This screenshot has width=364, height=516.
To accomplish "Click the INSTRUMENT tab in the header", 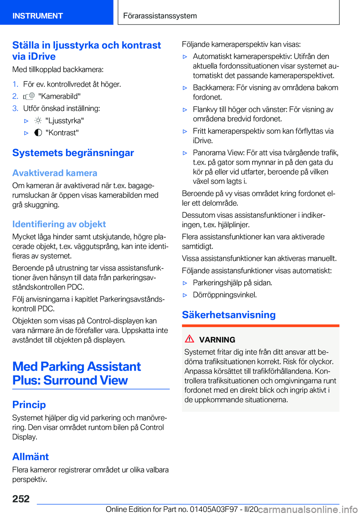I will point(38,16).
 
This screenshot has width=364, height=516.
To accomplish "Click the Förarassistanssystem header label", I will point(160,16).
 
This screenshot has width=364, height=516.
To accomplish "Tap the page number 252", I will point(21,499).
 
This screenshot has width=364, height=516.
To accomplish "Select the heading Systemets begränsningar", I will point(73,153).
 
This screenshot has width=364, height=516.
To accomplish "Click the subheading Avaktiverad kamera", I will point(55,173).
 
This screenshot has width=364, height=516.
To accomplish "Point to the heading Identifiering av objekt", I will point(59,224).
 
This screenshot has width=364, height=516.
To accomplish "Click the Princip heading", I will point(29,405).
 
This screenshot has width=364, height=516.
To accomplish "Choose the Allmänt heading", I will point(31,457).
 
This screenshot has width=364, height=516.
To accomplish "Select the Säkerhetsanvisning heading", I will point(229,315).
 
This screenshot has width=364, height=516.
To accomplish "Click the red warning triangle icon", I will point(190,339).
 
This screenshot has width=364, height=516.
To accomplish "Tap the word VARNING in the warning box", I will point(217,340).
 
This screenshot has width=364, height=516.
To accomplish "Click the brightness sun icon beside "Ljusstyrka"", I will point(38,120).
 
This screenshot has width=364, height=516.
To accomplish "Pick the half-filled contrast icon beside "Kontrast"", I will point(38,133).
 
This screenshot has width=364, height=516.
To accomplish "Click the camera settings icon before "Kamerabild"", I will point(29,96).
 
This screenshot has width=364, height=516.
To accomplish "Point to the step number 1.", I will point(15,84).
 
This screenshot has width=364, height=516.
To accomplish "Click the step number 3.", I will point(15,108).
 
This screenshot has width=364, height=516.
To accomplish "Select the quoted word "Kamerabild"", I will point(60,96).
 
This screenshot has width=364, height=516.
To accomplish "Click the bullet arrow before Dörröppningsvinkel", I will point(185,295).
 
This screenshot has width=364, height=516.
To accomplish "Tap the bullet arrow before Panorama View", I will point(185,153).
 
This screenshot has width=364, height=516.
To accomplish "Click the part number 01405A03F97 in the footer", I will point(214,509).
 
